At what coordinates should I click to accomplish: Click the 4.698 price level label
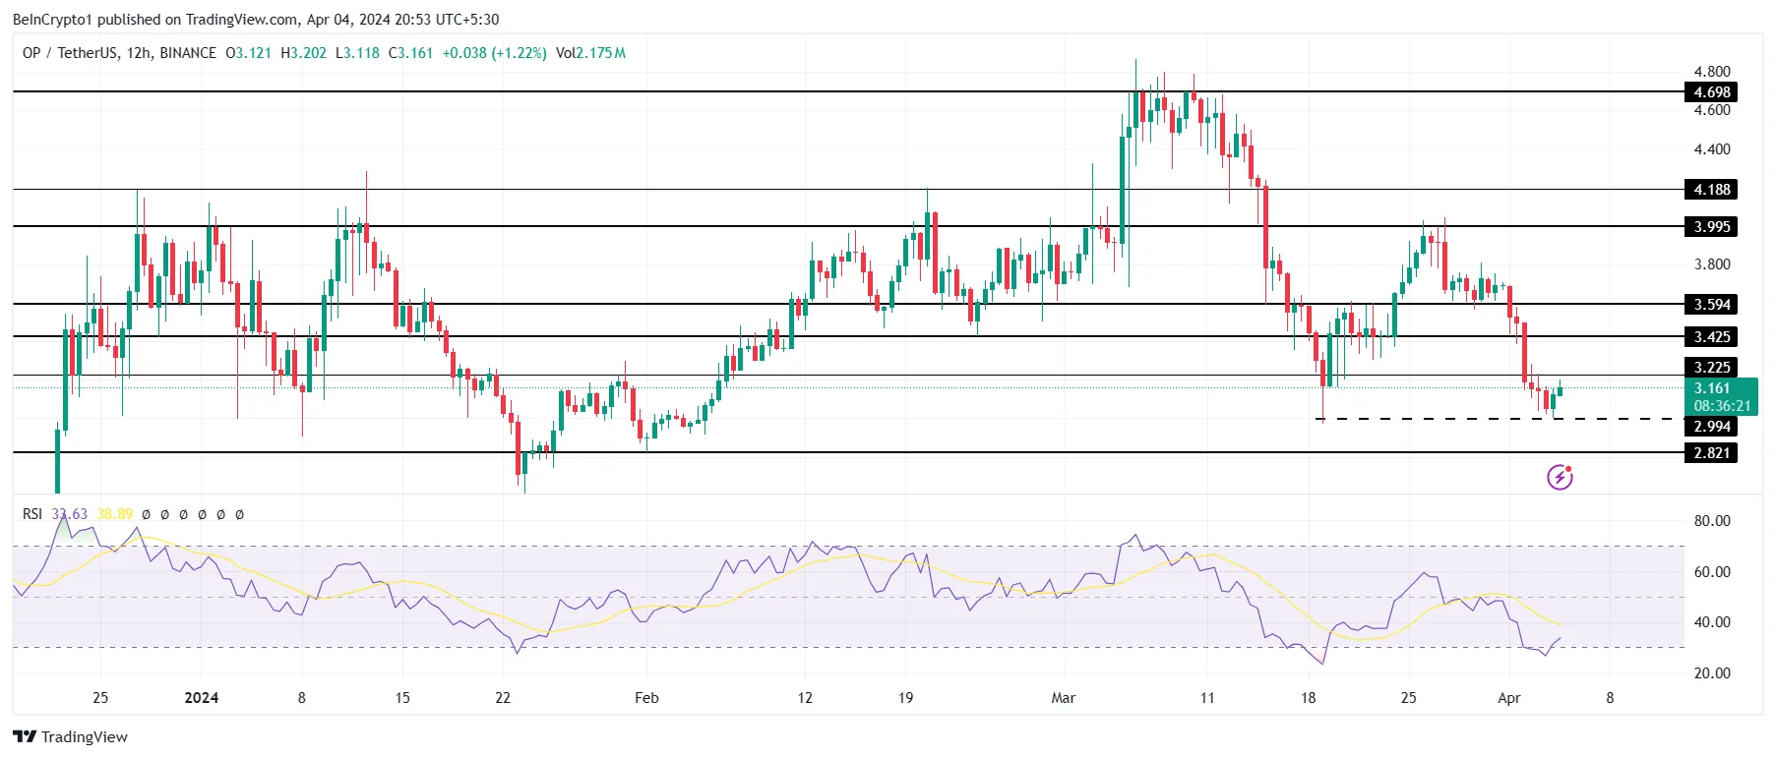(x=1711, y=92)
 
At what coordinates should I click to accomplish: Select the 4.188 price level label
(x=1711, y=190)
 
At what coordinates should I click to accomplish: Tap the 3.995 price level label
(x=1711, y=227)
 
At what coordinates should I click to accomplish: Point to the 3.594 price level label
(x=1711, y=305)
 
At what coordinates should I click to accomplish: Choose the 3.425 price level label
(x=1711, y=337)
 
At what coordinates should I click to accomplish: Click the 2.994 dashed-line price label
(x=1711, y=427)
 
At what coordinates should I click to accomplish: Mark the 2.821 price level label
(x=1711, y=453)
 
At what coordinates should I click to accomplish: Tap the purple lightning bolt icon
(x=1560, y=478)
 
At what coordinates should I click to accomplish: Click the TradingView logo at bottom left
(x=71, y=737)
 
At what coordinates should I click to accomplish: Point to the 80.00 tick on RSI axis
(x=1711, y=521)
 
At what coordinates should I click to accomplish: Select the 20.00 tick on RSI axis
(x=1711, y=673)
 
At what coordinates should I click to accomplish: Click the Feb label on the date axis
(x=646, y=698)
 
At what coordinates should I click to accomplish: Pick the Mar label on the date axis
(x=1063, y=698)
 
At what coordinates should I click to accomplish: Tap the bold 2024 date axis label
(x=202, y=698)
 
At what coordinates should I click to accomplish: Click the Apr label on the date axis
(x=1508, y=698)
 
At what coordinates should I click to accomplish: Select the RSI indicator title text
(x=32, y=514)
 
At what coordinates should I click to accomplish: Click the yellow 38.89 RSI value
(x=115, y=514)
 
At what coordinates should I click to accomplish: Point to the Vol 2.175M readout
(x=590, y=53)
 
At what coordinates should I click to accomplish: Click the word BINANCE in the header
(x=188, y=53)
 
